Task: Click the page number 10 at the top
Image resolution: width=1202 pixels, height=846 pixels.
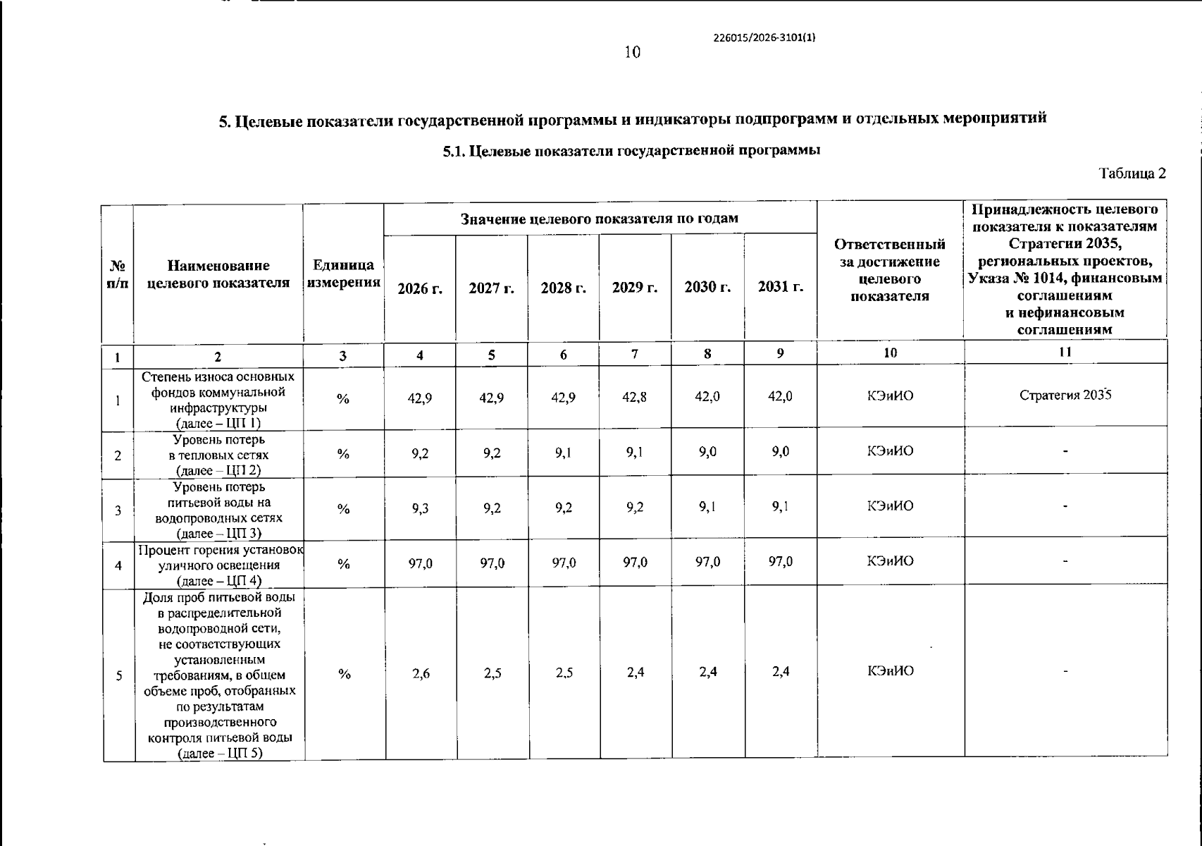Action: coord(632,52)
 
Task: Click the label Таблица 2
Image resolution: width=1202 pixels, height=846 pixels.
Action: coord(1133,173)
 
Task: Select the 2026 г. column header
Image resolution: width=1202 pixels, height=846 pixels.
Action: coord(420,288)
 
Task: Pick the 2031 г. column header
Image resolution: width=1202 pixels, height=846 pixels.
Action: coord(781,287)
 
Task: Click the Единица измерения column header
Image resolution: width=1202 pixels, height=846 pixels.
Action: coord(343,274)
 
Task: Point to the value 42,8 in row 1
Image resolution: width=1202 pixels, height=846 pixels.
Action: coord(635,397)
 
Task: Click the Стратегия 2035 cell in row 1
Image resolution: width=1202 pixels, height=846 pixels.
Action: coord(1065,395)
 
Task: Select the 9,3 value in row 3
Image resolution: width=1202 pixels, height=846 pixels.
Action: coord(421,508)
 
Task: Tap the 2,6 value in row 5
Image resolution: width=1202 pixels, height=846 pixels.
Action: coord(421,673)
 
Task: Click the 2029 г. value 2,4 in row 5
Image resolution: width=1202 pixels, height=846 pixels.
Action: coord(636,672)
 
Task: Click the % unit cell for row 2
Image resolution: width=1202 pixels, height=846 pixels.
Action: coord(343,454)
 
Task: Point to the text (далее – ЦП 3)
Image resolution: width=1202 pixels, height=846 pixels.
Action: coord(218,534)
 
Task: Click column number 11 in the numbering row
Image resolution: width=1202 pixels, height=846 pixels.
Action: coord(1065,352)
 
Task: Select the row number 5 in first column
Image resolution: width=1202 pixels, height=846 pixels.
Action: coord(119,675)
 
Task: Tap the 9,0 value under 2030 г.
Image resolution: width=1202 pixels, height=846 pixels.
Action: coord(707,452)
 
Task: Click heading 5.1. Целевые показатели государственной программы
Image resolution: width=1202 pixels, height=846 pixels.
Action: coord(631,151)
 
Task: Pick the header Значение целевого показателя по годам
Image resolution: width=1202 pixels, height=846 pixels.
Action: coord(600,219)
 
